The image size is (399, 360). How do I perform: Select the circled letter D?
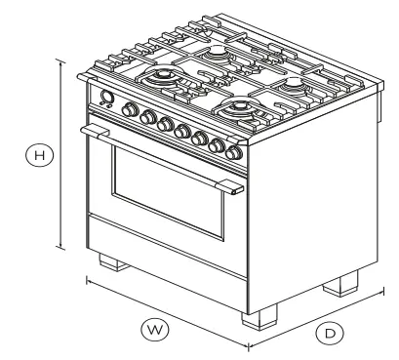tap(331, 334)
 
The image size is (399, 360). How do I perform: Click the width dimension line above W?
tap(166, 311)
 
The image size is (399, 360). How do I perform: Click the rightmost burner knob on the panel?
tap(233, 151)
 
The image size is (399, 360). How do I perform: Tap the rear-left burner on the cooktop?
tap(216, 49)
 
